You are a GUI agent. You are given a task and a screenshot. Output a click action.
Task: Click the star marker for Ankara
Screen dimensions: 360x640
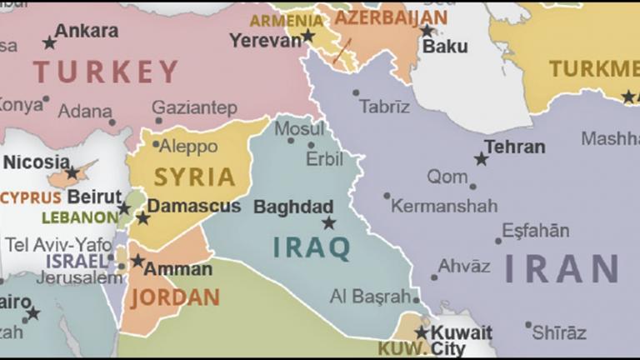point(49,42)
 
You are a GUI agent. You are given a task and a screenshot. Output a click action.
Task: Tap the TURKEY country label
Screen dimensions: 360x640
point(106,72)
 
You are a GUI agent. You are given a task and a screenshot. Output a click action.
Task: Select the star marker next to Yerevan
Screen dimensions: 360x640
point(308,36)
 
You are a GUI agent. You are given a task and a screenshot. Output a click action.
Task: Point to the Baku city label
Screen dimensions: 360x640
point(445,47)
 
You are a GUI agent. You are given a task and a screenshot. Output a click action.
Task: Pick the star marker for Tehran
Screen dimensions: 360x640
point(481,158)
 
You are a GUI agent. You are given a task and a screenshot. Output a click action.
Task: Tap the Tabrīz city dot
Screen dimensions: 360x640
point(356,93)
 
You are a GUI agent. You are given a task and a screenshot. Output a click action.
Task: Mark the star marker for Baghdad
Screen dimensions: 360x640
point(329,222)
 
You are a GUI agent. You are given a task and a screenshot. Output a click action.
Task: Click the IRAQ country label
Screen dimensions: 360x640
point(312,247)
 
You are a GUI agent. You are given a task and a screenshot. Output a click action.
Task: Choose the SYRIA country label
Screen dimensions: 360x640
point(194,177)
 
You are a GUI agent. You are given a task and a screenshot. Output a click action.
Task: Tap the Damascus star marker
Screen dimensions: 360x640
point(142,218)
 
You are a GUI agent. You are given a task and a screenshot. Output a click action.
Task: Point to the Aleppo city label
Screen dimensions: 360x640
point(187,147)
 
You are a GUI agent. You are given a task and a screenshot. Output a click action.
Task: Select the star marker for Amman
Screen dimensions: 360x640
point(137,261)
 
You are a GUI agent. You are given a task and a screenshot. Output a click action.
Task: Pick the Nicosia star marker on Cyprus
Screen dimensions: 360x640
point(72,173)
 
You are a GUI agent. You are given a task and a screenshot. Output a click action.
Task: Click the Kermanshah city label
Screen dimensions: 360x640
point(444,205)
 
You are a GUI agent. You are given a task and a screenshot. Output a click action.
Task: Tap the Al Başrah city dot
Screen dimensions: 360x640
point(416,297)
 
